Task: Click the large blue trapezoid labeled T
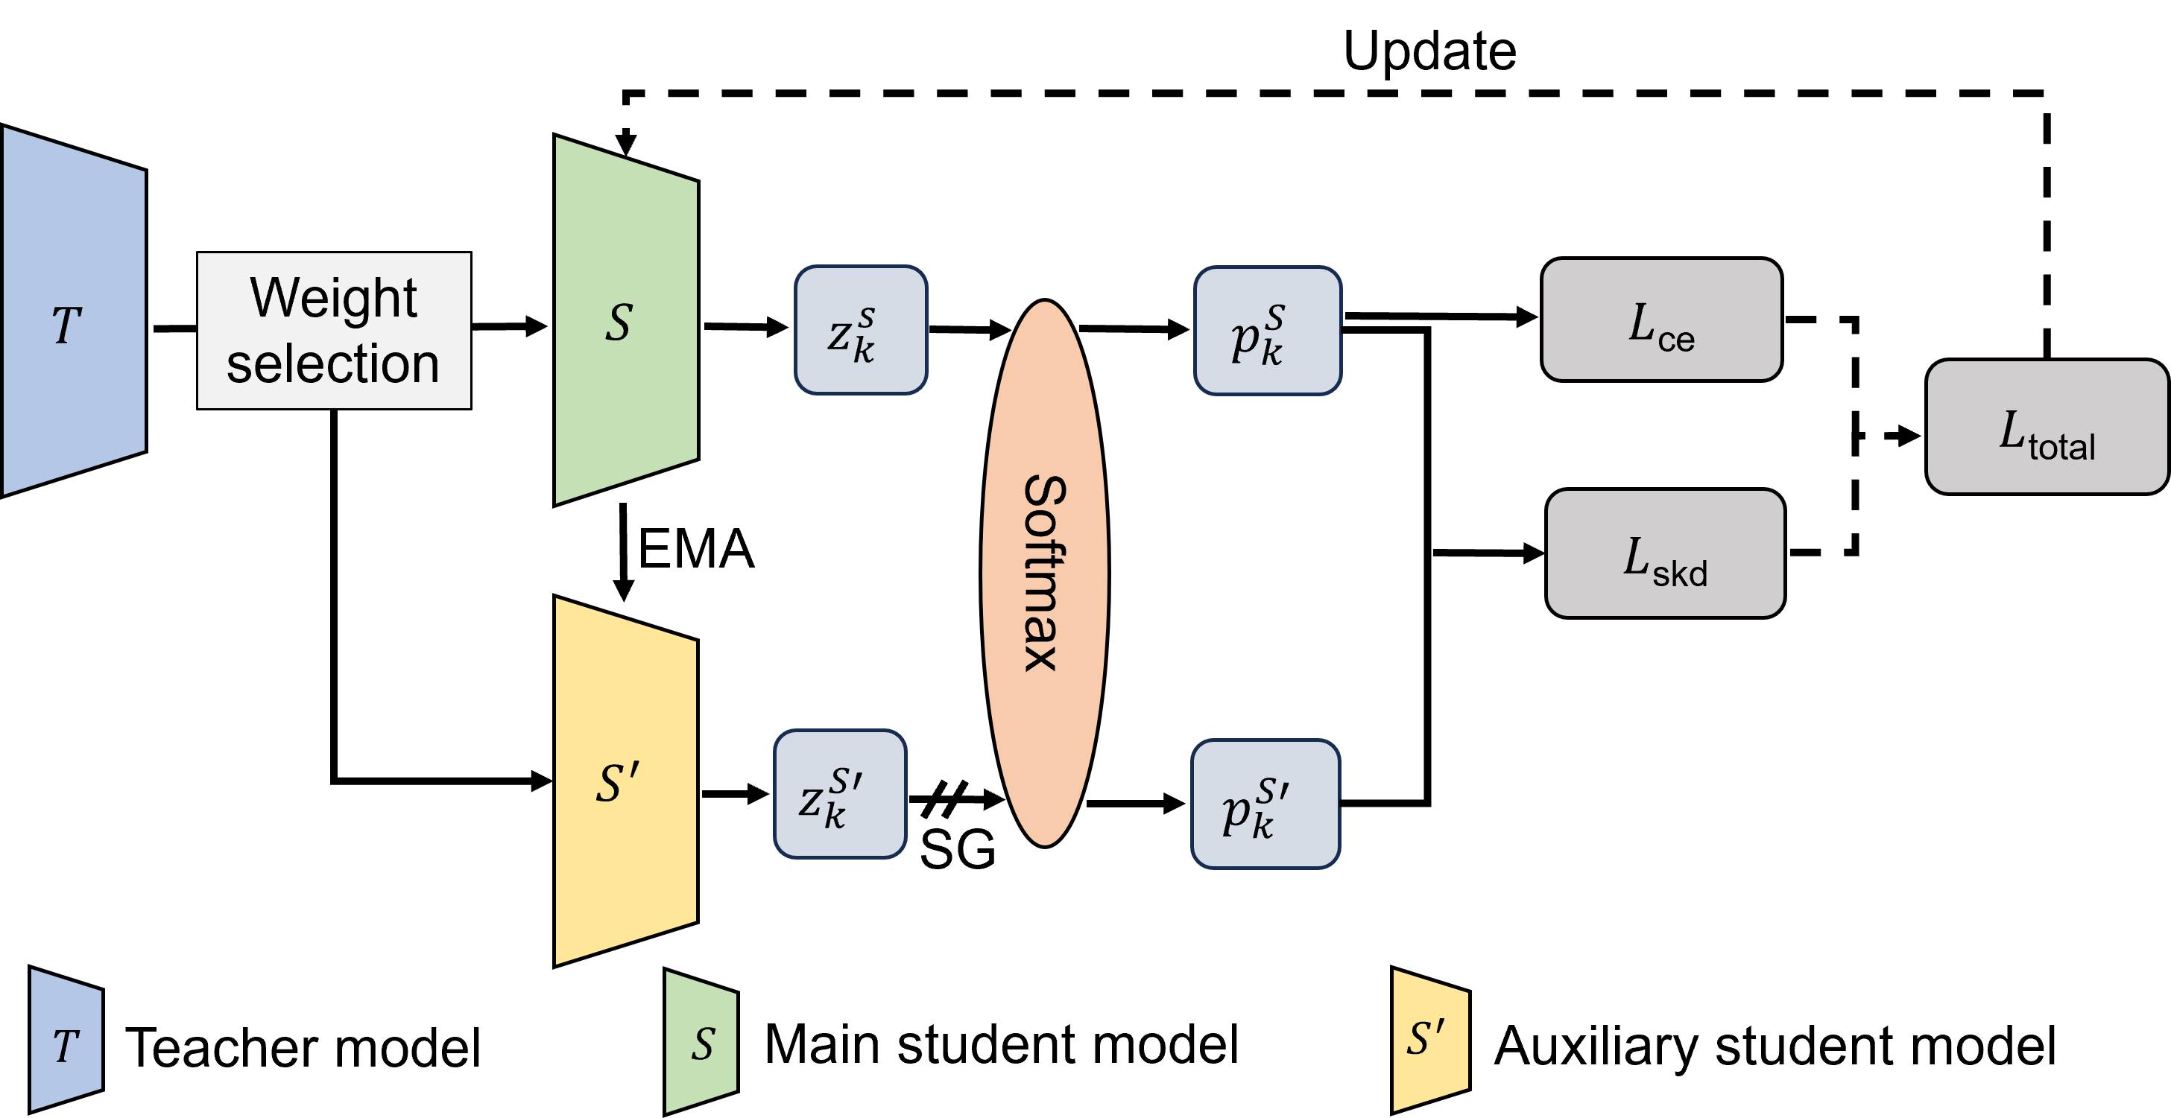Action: (x=75, y=312)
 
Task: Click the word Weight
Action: (x=334, y=297)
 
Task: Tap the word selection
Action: (x=334, y=364)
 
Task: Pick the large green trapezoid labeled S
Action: (x=625, y=320)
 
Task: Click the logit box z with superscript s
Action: (x=861, y=330)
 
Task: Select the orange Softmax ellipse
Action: (x=1044, y=573)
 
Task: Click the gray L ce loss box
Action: (x=1661, y=320)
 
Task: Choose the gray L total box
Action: (x=2047, y=426)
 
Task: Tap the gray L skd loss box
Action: (x=1664, y=553)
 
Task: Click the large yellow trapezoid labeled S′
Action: (x=625, y=782)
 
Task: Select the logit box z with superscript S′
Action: (x=840, y=794)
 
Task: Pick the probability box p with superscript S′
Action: (x=1265, y=804)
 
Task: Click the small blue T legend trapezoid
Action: (x=66, y=1040)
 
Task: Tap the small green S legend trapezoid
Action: (x=701, y=1042)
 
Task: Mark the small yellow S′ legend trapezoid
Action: (x=1430, y=1040)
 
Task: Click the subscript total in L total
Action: (x=2061, y=446)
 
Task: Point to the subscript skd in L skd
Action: (x=1680, y=574)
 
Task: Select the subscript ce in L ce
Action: (x=1676, y=340)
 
